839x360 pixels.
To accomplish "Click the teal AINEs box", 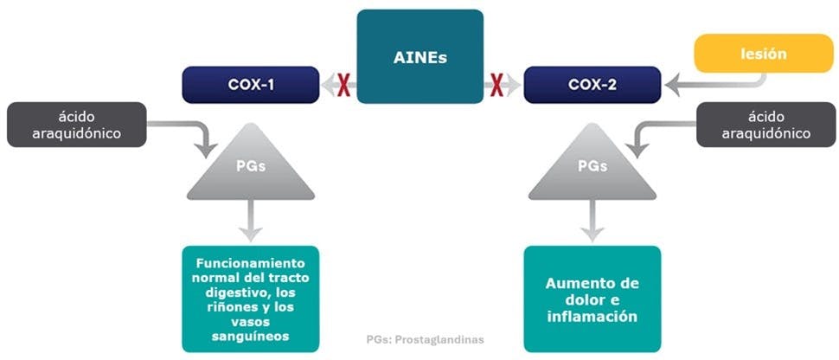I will (x=420, y=57).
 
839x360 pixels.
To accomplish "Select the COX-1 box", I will (x=250, y=84).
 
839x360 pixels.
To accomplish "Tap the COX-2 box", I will (x=592, y=84).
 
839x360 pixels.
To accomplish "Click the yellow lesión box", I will (x=764, y=55).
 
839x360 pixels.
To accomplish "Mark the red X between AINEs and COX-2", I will (x=497, y=84).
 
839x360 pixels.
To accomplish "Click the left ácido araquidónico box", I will (x=76, y=125).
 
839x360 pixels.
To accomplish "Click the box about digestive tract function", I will (x=250, y=299).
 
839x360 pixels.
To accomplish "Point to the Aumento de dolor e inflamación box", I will (x=592, y=299).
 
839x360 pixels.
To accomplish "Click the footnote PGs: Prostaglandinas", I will (x=425, y=339).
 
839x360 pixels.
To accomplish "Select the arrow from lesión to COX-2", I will (x=718, y=83).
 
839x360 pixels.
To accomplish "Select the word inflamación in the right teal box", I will (x=592, y=317).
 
